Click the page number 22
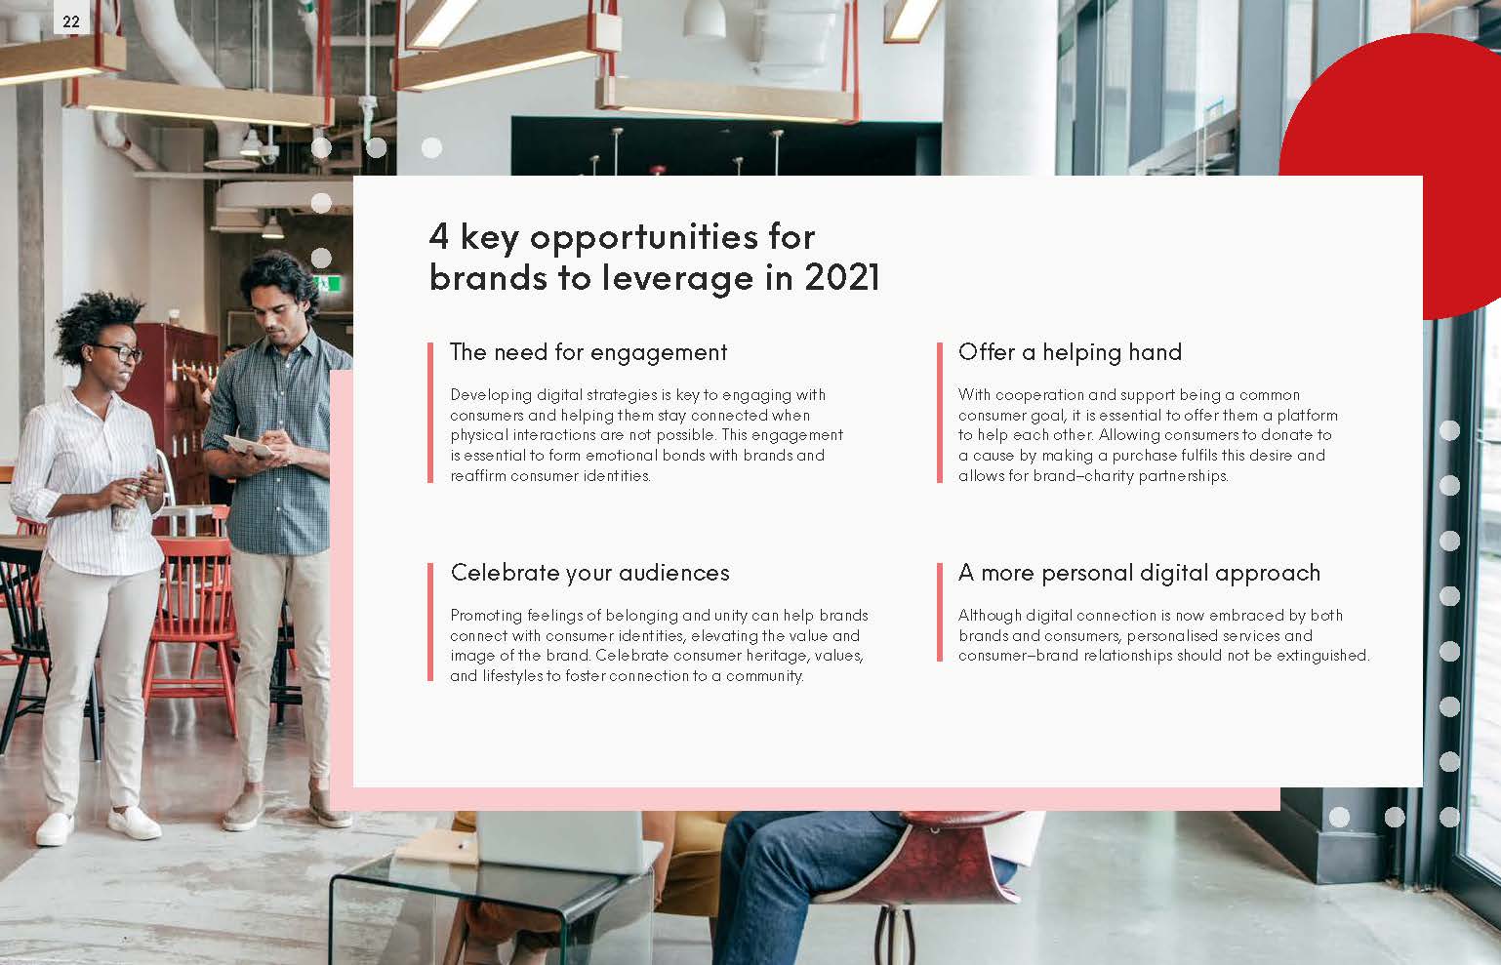pyautogui.click(x=71, y=20)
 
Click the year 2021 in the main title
pyautogui.click(x=841, y=277)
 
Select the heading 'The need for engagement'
pyautogui.click(x=588, y=352)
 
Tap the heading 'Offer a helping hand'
pyautogui.click(x=1070, y=352)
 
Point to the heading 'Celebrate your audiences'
pyautogui.click(x=589, y=573)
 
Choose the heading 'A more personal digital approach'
pyautogui.click(x=1139, y=573)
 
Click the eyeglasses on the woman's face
pyautogui.click(x=118, y=352)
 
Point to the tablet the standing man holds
pyautogui.click(x=249, y=446)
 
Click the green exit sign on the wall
pyautogui.click(x=333, y=284)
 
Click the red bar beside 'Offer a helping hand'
pyautogui.click(x=940, y=412)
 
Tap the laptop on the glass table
pyautogui.click(x=566, y=840)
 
